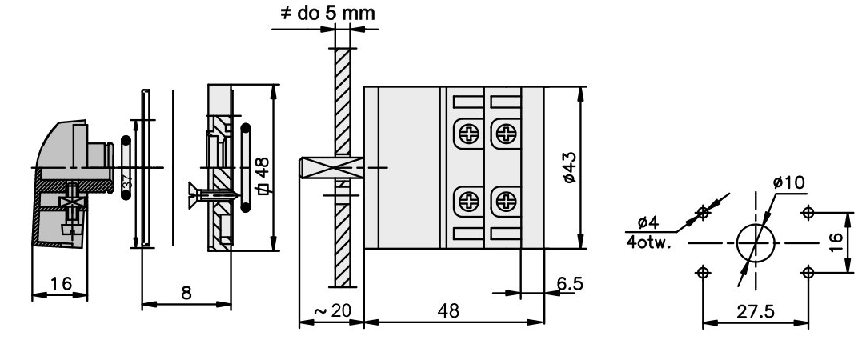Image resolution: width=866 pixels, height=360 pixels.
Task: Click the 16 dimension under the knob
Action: tap(59, 282)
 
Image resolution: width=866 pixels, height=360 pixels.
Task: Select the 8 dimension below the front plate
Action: tap(186, 293)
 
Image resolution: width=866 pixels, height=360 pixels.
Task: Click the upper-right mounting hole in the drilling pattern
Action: tap(808, 213)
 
